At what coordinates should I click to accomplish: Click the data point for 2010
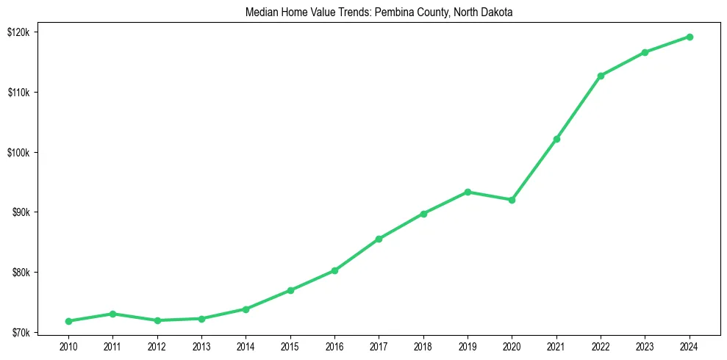click(68, 321)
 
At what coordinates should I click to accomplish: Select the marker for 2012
click(157, 320)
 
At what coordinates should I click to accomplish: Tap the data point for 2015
click(290, 290)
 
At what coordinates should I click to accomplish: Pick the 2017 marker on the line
click(379, 239)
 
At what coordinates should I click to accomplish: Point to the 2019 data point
click(468, 192)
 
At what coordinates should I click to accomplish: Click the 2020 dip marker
click(512, 200)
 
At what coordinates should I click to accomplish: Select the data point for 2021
click(556, 139)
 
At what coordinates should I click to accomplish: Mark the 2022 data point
click(601, 76)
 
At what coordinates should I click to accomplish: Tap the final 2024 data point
click(690, 37)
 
